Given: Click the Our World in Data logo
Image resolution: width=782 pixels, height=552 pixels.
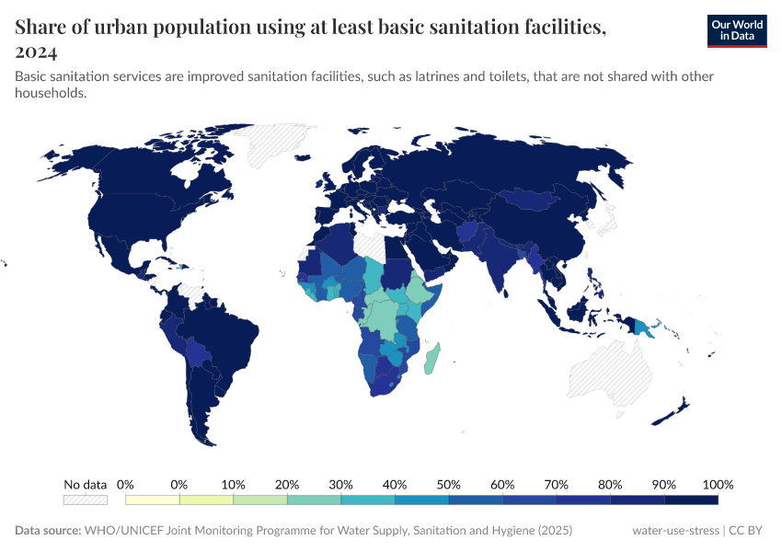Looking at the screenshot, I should pos(736,31).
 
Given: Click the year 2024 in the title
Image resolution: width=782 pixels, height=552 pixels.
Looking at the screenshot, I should pos(37,51).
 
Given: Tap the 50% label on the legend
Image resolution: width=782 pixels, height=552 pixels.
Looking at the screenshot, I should pos(448,484).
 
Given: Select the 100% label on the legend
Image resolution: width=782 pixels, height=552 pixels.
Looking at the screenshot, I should pos(717,484).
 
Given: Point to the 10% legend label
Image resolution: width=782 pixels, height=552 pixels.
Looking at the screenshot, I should pos(233,484).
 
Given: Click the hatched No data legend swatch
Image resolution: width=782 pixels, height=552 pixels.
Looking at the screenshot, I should pos(86,500).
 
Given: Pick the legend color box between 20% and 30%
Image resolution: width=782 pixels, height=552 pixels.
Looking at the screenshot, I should pos(314,500).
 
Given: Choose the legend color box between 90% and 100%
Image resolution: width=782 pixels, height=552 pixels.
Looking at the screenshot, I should pos(690,500).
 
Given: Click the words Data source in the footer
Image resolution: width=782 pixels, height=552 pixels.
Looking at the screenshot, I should pos(47,531).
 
